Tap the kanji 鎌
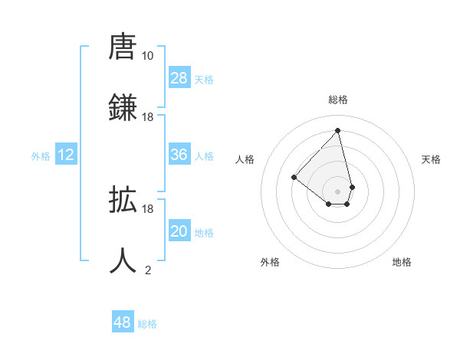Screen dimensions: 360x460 [123, 107]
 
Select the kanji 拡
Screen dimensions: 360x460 [123, 201]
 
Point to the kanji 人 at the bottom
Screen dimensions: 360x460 [123, 260]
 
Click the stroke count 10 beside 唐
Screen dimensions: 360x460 [147, 56]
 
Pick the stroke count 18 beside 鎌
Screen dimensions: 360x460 [147, 117]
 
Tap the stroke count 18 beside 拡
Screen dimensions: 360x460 [147, 208]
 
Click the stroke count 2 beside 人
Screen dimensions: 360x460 [148, 270]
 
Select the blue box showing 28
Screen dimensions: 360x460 [179, 78]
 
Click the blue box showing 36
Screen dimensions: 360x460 [179, 155]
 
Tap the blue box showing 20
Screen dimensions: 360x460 [179, 231]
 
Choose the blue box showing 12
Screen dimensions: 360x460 [66, 155]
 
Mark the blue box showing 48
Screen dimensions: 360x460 [123, 322]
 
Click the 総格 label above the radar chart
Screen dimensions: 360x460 [337, 100]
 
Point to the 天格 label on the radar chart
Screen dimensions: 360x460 [431, 159]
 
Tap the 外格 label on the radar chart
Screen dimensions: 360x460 [270, 262]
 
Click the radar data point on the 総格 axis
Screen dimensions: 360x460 [337, 130]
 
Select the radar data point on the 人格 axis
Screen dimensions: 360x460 [294, 177]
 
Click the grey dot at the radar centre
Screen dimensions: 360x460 [337, 191]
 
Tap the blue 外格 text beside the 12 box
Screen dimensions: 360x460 [41, 155]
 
